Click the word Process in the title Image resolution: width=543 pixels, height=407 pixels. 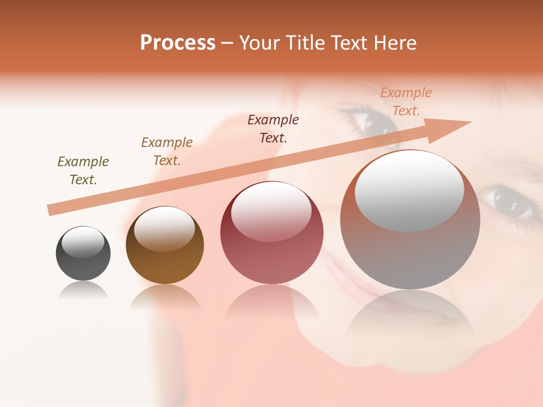coord(178,43)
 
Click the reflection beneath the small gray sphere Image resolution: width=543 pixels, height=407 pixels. coord(83,291)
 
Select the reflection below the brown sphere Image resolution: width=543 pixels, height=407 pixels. coord(165,296)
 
